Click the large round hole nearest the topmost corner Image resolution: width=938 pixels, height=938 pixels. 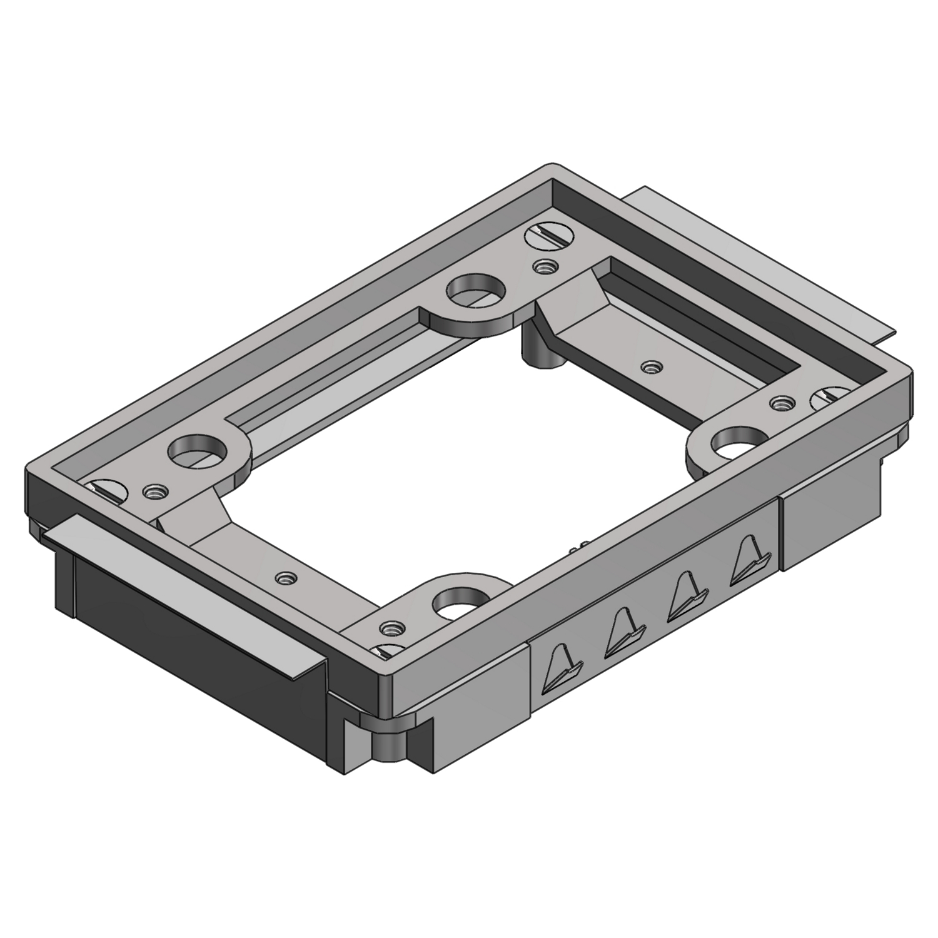click(x=475, y=289)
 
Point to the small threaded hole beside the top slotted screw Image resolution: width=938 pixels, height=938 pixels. click(x=545, y=266)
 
